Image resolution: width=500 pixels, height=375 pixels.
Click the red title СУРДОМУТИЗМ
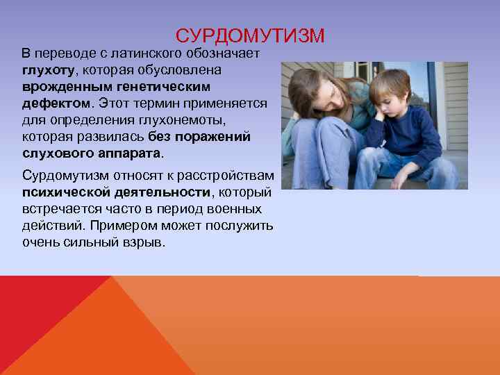(249, 35)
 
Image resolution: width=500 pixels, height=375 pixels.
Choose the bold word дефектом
(55, 103)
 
